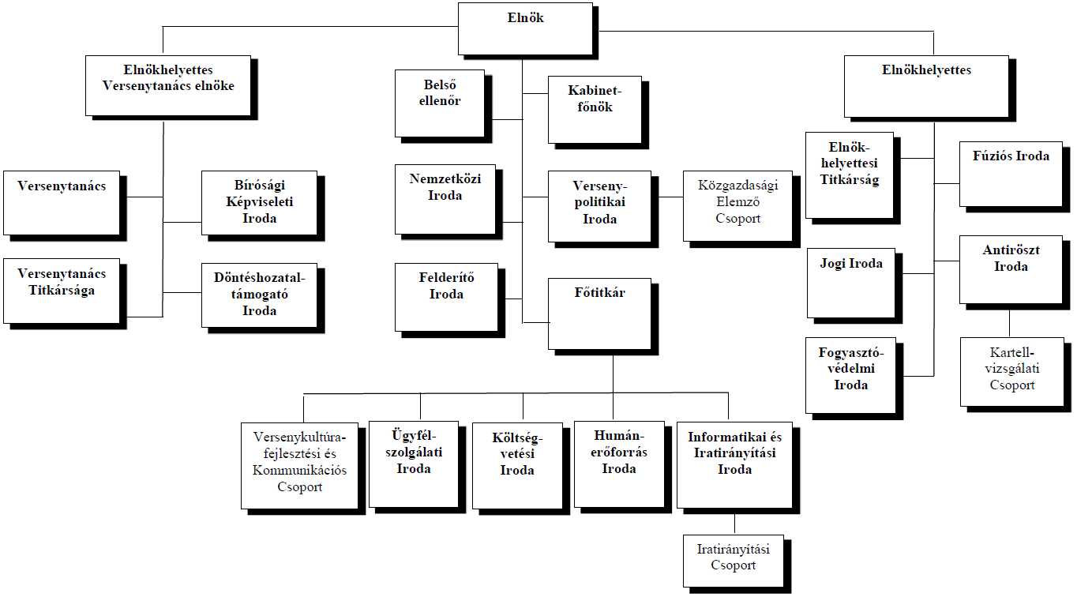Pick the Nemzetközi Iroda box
coord(445,198)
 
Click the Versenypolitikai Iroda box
coord(599,205)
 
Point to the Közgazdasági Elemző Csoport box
coord(737,205)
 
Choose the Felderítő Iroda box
coord(445,296)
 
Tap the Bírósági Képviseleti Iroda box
coord(259,202)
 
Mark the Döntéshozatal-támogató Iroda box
coord(259,295)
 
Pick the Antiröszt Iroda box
coord(1010,268)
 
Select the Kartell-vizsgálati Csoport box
coord(1011,370)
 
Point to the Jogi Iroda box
coord(850,282)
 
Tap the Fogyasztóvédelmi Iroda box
coord(850,375)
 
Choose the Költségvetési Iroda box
coord(516,465)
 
